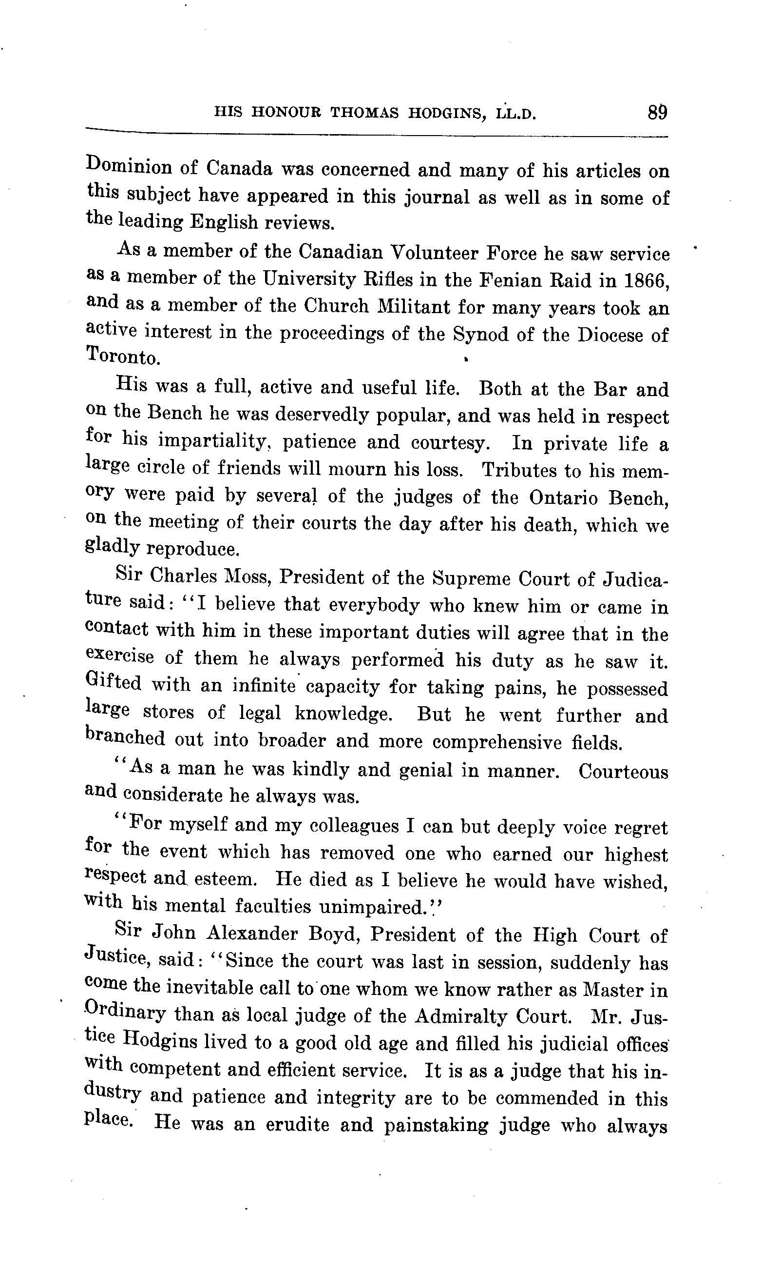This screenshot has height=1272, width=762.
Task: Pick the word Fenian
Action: click(x=508, y=280)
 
